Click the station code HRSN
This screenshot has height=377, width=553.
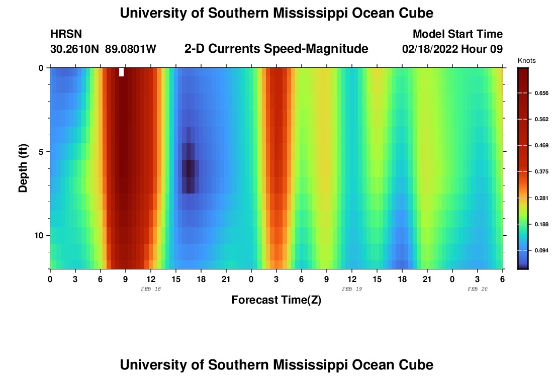tap(66, 34)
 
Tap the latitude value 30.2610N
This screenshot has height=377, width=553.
tap(75, 49)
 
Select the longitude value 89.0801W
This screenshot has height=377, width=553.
tap(131, 49)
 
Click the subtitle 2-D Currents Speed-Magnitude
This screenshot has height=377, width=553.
tap(276, 49)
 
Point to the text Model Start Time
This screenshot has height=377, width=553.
tap(457, 34)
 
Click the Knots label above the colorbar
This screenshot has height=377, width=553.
tap(527, 60)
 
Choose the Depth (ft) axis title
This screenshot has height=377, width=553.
tap(23, 168)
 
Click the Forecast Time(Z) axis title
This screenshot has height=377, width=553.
tap(276, 300)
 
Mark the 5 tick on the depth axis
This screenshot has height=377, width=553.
tap(41, 151)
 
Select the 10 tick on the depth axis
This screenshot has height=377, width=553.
tap(39, 235)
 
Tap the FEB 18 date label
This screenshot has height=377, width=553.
tap(151, 289)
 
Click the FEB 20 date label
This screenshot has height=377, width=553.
tap(478, 289)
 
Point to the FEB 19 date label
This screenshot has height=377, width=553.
tap(352, 289)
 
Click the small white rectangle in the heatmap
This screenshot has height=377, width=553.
tap(121, 72)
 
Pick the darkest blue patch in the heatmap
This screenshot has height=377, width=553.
tap(189, 168)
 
